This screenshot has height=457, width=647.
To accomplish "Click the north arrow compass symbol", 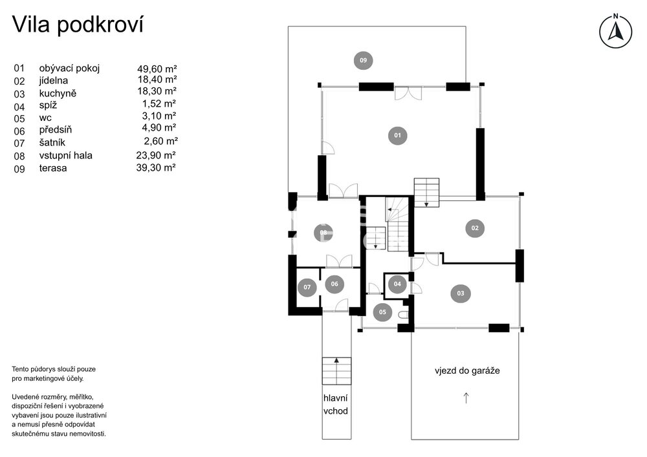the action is [x=615, y=31].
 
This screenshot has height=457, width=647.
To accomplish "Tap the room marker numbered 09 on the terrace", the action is [x=363, y=60].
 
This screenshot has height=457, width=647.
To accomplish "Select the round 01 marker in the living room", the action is [x=397, y=135].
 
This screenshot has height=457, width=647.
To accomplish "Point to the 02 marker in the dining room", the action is [x=475, y=228].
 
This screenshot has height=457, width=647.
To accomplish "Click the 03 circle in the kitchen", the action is [x=461, y=293].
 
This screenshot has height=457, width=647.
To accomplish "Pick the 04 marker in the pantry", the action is [x=397, y=284].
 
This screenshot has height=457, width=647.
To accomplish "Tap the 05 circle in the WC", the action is [x=382, y=312].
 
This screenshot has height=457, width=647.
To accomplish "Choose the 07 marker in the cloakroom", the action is [x=307, y=287].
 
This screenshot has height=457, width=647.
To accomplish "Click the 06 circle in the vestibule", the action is [x=334, y=284].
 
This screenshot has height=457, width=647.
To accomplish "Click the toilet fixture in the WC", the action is [x=404, y=315].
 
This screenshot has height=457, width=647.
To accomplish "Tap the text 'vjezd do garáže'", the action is [x=467, y=370].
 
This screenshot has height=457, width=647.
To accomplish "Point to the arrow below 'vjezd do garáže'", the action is [x=466, y=398].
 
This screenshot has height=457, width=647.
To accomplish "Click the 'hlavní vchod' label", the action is [x=335, y=404].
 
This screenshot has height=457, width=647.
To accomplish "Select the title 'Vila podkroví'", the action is [x=78, y=25].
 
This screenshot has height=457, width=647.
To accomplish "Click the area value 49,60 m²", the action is [x=157, y=69].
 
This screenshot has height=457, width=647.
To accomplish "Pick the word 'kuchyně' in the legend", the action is [x=58, y=93].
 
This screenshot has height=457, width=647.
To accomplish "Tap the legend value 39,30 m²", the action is [x=156, y=167].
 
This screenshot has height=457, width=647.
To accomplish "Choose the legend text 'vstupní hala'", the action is [x=65, y=155].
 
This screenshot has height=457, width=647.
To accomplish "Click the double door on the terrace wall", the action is [x=408, y=93].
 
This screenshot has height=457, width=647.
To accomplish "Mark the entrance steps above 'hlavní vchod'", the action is [x=336, y=371].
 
